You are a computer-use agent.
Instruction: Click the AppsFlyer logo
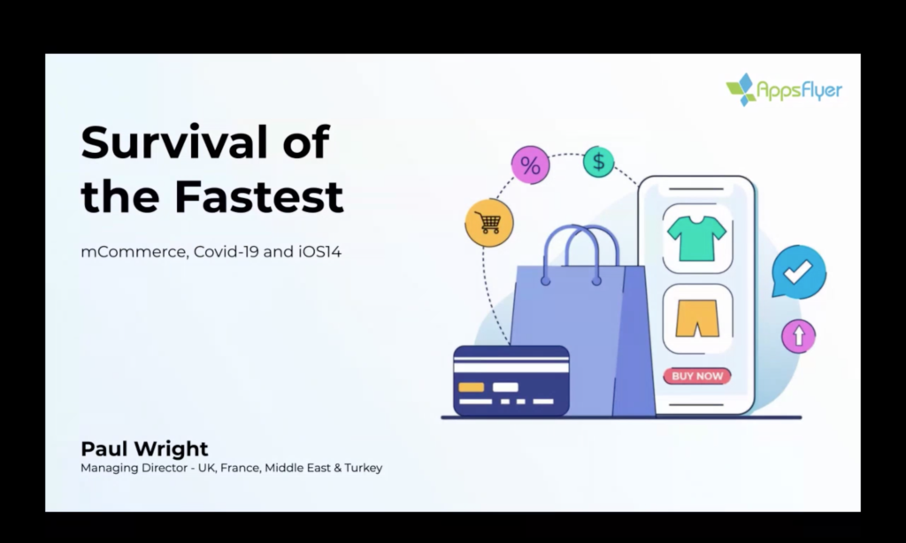pyautogui.click(x=784, y=89)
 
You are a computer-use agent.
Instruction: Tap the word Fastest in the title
pyautogui.click(x=259, y=195)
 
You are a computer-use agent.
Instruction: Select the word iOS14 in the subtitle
pyautogui.click(x=320, y=251)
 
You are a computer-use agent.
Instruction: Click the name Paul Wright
pyautogui.click(x=144, y=449)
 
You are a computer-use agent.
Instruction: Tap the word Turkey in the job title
pyautogui.click(x=364, y=468)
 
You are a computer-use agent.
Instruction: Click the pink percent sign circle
pyautogui.click(x=531, y=164)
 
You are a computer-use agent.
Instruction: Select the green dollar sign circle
pyautogui.click(x=599, y=161)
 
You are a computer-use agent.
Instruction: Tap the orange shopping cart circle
pyautogui.click(x=489, y=222)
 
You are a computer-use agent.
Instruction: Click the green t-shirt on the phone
pyautogui.click(x=697, y=238)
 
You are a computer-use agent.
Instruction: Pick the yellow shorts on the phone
pyautogui.click(x=697, y=317)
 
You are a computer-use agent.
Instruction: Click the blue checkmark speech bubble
pyautogui.click(x=799, y=271)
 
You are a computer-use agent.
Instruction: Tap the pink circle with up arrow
pyautogui.click(x=799, y=336)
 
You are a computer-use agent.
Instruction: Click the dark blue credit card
pyautogui.click(x=511, y=380)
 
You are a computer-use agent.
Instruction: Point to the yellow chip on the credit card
pyautogui.click(x=471, y=387)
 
